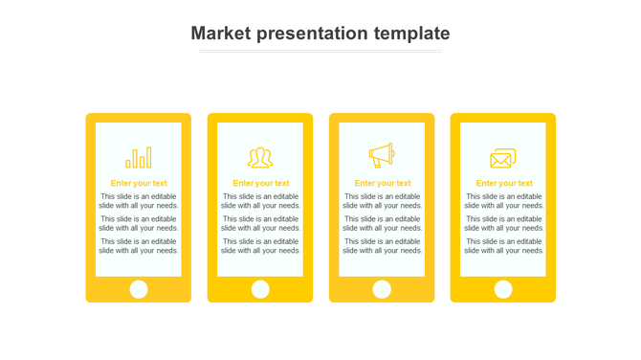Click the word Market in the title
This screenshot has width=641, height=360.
[220, 34]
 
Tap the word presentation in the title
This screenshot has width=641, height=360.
[312, 34]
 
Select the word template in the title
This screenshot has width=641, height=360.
[411, 34]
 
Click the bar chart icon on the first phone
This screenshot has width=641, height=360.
[139, 158]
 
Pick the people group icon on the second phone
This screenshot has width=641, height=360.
[260, 158]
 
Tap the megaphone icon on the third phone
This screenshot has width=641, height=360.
[382, 155]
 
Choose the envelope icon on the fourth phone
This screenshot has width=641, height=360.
[503, 158]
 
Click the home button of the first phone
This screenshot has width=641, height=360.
[139, 289]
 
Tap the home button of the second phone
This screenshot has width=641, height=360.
[260, 289]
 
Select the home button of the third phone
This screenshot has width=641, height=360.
[382, 289]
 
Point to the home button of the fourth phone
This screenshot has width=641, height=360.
[503, 289]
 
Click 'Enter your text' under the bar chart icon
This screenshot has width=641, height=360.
[139, 183]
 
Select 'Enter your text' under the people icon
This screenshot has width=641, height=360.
[260, 183]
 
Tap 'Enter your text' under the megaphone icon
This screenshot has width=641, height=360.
[383, 183]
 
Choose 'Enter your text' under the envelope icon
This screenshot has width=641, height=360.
[504, 183]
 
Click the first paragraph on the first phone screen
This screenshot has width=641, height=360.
[139, 201]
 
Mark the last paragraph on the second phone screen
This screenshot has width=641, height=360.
[260, 246]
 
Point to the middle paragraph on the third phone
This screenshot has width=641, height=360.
[383, 223]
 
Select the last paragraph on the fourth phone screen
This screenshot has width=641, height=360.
[504, 246]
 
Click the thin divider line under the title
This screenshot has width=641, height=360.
[320, 52]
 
